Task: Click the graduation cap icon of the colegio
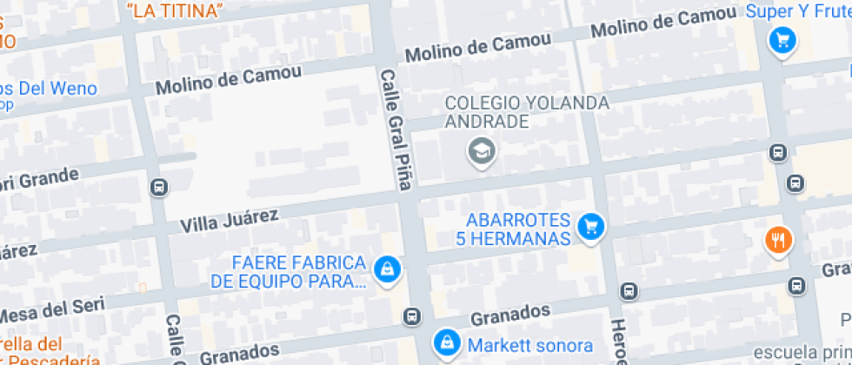pos(479,152)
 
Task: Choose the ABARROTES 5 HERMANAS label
pos(517,229)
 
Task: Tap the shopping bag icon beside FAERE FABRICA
pos(385,269)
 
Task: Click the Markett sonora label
pos(530,345)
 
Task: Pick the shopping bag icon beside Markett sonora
pos(446,342)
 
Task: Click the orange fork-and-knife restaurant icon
pos(777,240)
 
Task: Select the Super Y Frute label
pos(798,11)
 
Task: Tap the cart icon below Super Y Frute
pos(783,40)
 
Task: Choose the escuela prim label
pos(802,352)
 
